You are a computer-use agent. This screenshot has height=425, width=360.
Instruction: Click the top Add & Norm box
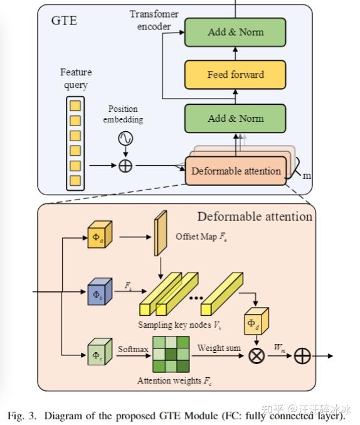pos(235,32)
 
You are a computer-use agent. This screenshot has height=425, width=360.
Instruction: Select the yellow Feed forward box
pos(235,75)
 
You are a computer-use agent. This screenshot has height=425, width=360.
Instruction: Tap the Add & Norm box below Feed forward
pos(235,118)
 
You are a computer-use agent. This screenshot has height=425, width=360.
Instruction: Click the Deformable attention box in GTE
pos(235,171)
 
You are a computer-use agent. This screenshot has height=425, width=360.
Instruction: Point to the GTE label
pos(64,21)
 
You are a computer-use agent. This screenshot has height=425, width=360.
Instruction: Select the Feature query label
pos(75,78)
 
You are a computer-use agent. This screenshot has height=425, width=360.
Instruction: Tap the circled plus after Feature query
pos(125,166)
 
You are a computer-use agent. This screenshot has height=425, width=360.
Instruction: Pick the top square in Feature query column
pos(75,104)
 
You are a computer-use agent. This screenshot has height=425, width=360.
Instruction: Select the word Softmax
pos(132,347)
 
